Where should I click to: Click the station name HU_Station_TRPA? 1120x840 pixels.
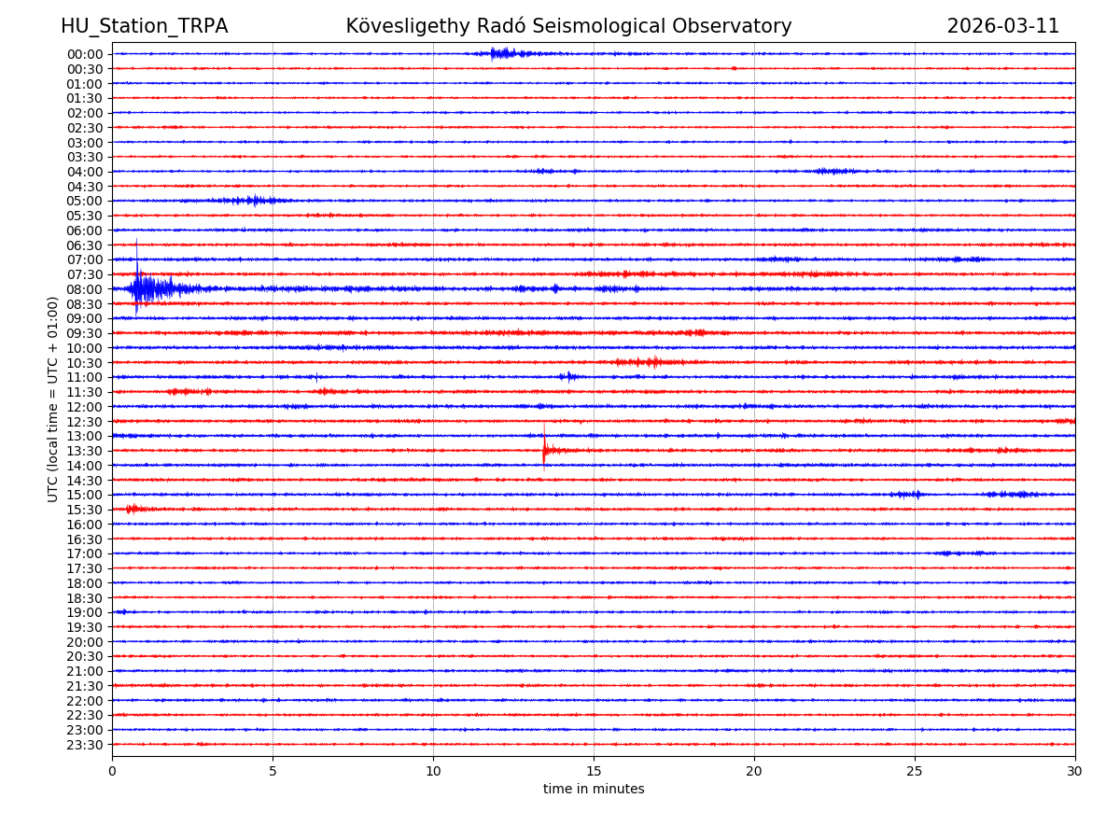(x=144, y=26)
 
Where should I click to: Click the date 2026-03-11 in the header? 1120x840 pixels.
(x=1002, y=26)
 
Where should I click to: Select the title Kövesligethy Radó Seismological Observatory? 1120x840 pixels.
(x=568, y=26)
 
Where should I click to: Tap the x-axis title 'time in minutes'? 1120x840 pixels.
(x=594, y=790)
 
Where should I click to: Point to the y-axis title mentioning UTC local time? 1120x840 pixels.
(x=53, y=399)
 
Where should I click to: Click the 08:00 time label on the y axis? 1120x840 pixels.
(x=85, y=289)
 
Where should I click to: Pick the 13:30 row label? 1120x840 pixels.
(x=85, y=451)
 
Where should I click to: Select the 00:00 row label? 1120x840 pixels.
(x=85, y=54)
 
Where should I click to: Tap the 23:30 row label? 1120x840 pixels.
(x=85, y=745)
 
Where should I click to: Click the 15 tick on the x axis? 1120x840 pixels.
(x=594, y=771)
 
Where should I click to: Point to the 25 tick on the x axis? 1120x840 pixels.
(x=915, y=771)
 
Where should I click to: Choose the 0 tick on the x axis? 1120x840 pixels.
(x=112, y=771)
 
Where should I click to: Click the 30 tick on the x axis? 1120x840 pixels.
(x=1074, y=771)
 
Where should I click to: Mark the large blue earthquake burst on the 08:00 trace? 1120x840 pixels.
(x=149, y=288)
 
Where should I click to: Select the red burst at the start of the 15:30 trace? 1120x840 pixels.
(x=133, y=509)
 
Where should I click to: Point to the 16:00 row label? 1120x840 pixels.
(x=85, y=525)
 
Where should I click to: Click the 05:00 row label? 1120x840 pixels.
(x=85, y=201)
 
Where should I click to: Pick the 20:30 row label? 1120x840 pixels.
(x=85, y=656)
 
